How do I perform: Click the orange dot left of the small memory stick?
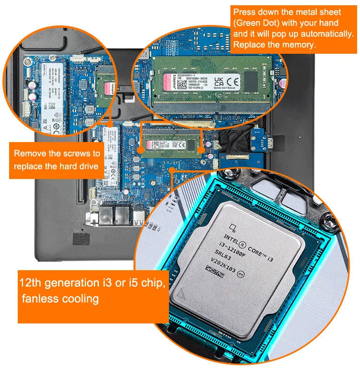(x=140, y=150)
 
